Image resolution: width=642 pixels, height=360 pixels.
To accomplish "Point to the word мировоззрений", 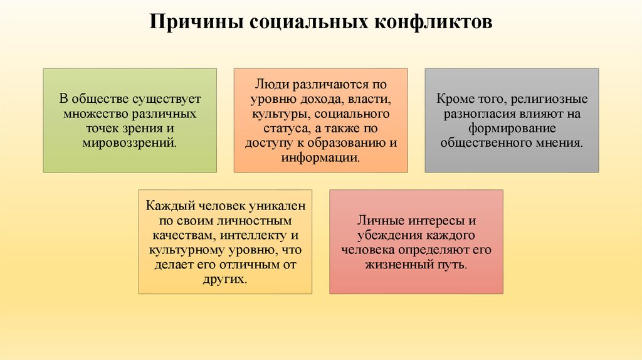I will [129, 142].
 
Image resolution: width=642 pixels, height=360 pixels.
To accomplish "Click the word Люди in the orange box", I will [267, 84].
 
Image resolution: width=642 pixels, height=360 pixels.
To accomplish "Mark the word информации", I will [320, 157].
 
